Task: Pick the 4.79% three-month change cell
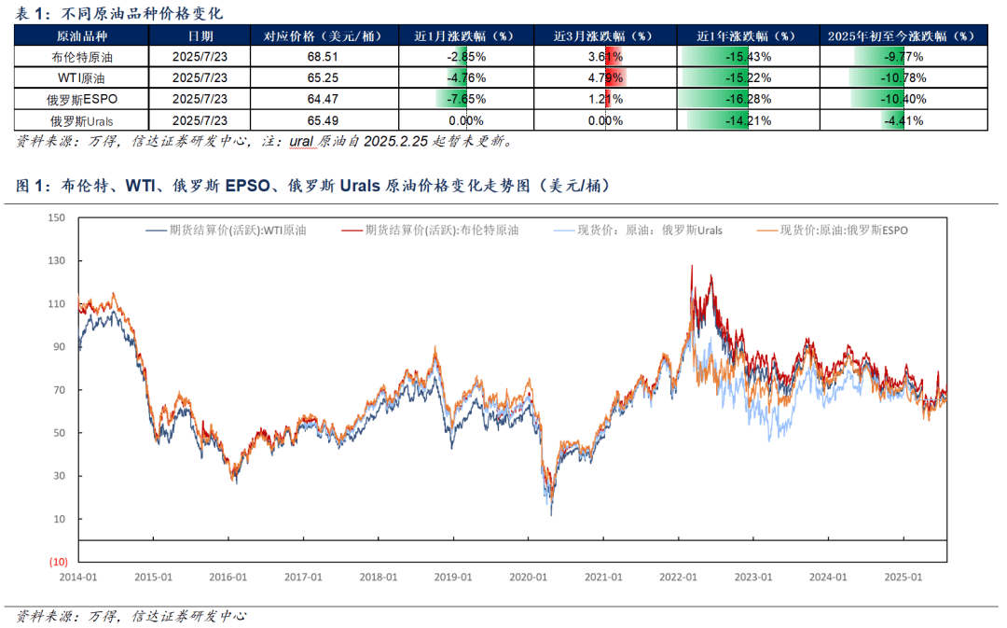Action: [x=605, y=77]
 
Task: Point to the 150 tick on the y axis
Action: [x=58, y=218]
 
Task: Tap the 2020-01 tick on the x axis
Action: [x=528, y=578]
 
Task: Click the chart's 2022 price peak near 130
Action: [x=691, y=266]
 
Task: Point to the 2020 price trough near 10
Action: [x=550, y=514]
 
